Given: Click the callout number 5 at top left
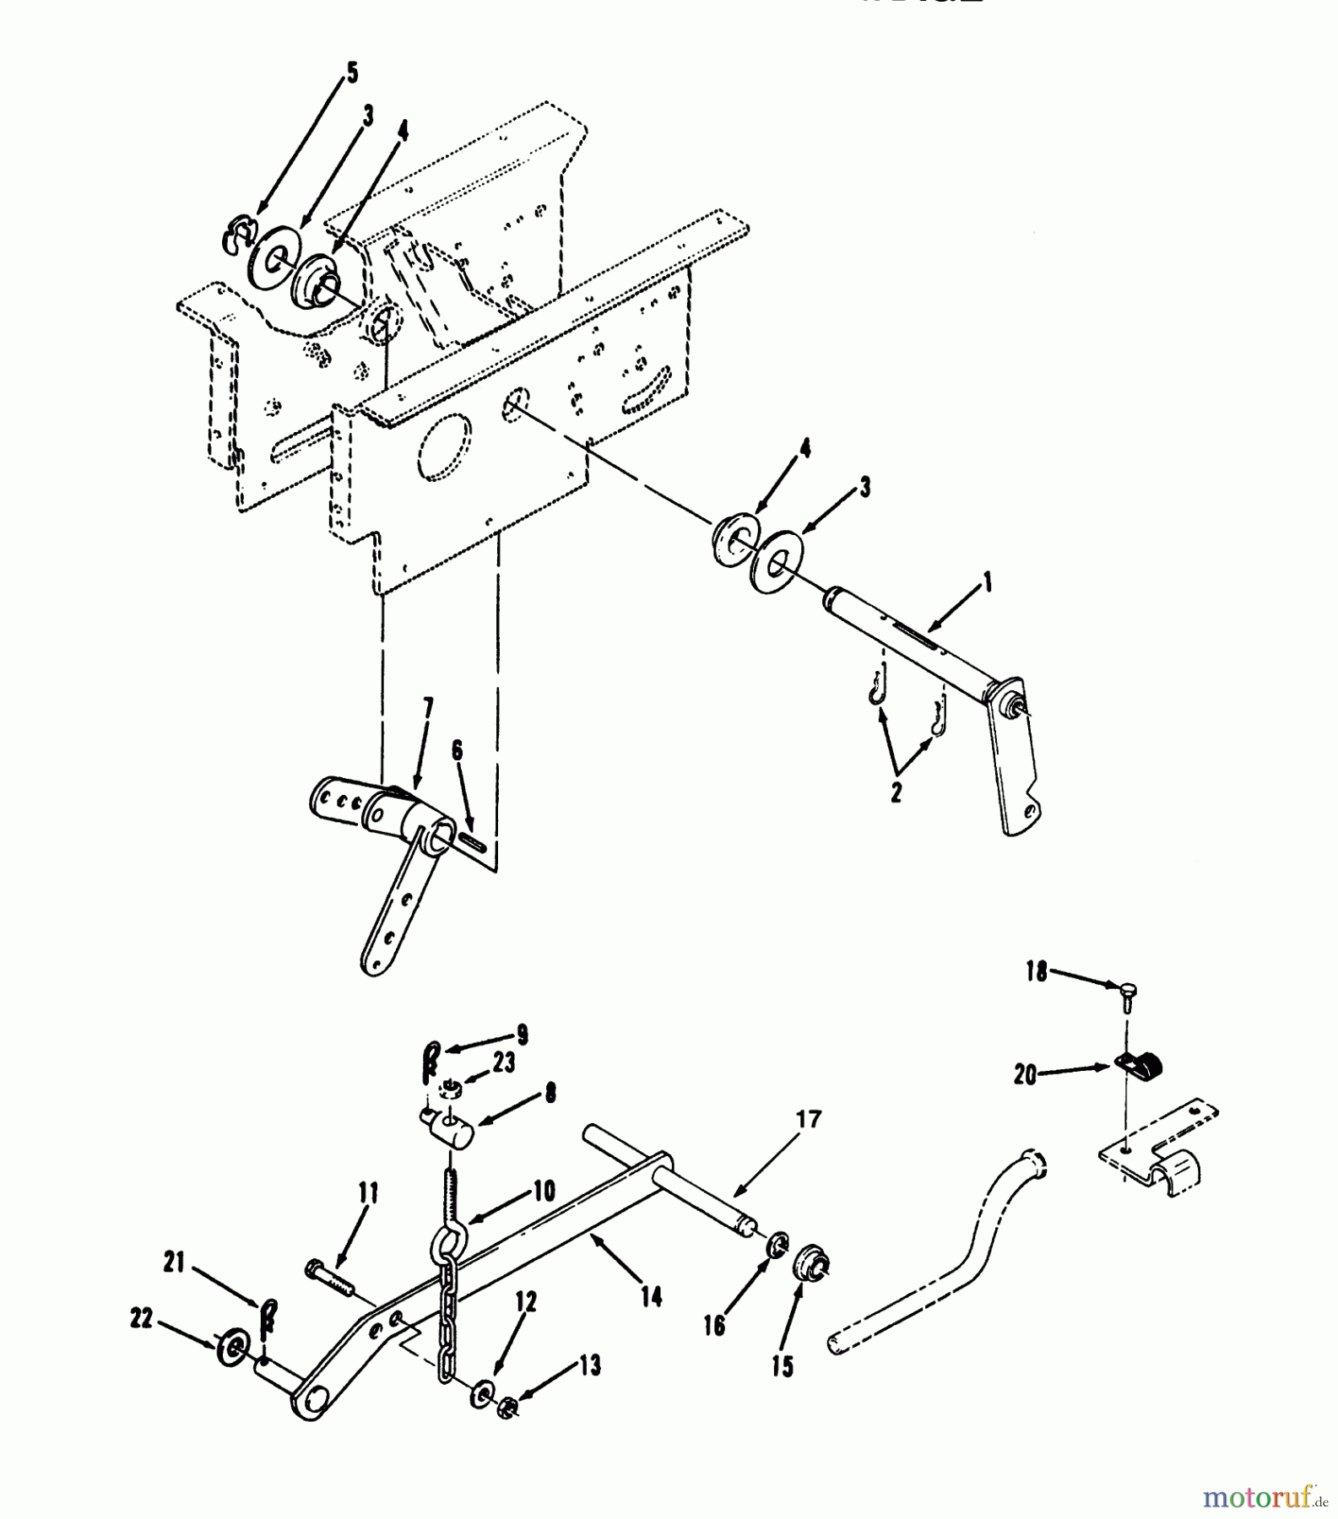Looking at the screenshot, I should click(x=351, y=73).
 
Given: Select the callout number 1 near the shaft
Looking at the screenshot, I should click(x=986, y=582).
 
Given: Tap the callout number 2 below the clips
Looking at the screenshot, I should click(x=896, y=792).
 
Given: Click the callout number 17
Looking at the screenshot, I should click(x=808, y=1119).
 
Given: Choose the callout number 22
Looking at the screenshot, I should click(x=141, y=1318).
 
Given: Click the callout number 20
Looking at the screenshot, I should click(x=1025, y=1076).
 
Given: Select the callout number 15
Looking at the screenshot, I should click(x=783, y=1366).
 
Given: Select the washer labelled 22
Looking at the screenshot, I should click(x=233, y=1347).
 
